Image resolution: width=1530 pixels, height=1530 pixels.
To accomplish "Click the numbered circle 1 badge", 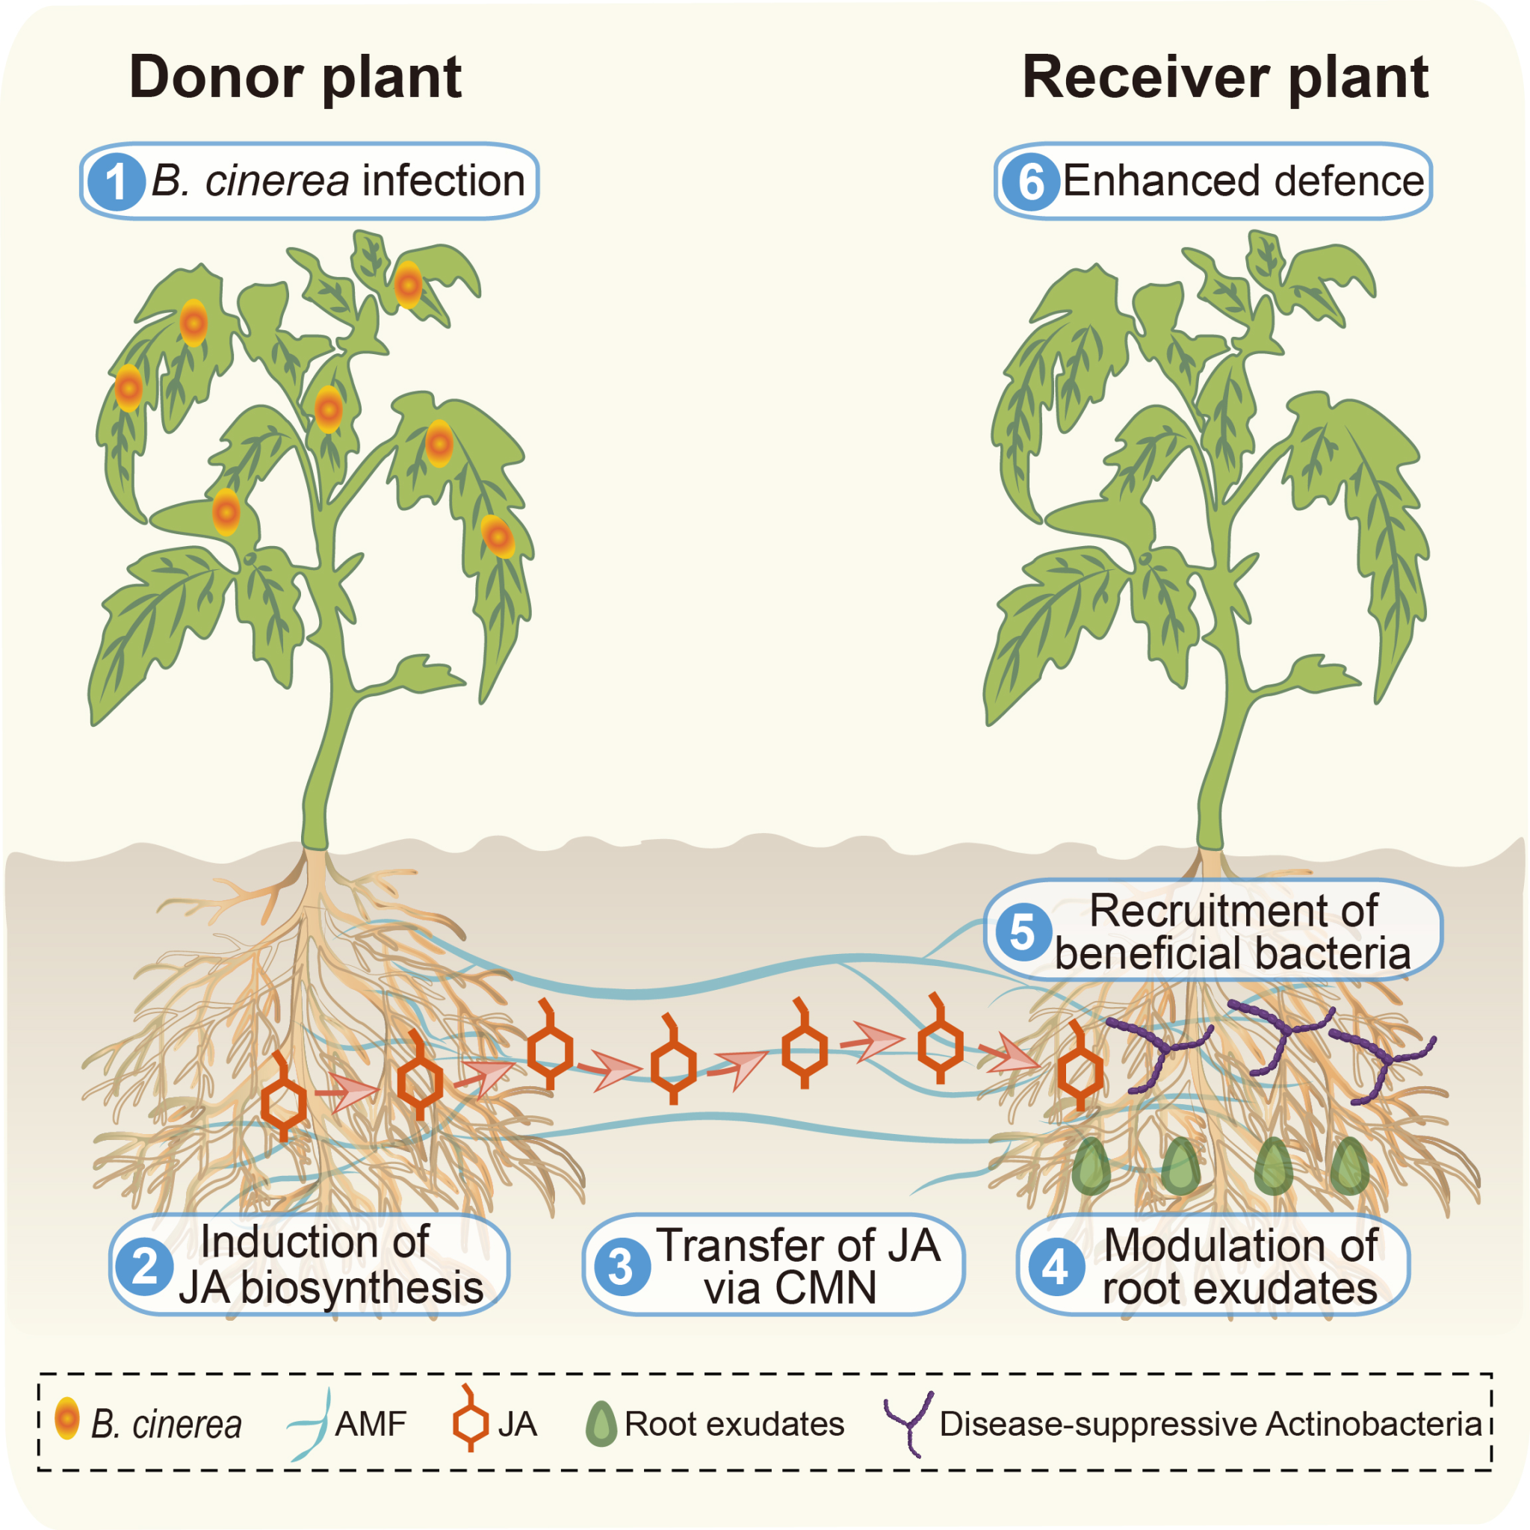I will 116,182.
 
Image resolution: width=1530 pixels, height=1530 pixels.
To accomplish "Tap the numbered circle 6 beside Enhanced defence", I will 1030,182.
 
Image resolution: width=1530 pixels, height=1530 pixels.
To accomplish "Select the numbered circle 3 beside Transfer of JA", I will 622,1267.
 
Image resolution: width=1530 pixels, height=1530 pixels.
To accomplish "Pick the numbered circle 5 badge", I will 1023,932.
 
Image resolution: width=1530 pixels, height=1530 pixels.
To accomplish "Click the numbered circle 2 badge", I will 144,1266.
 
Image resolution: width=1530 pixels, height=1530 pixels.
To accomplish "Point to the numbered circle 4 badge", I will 1056,1267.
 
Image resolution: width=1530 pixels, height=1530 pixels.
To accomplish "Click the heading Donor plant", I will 294,78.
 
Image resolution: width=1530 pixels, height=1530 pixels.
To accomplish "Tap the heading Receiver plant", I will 1224,78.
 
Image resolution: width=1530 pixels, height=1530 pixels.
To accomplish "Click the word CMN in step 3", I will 826,1289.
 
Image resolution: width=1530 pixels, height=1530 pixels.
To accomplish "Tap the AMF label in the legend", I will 370,1424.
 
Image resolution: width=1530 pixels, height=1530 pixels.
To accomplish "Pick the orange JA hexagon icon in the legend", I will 471,1422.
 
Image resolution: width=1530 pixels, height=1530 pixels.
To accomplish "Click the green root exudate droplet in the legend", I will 601,1424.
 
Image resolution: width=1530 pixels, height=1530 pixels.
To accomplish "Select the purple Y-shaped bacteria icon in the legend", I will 910,1423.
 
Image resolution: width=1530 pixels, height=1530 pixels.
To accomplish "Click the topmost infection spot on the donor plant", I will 408,285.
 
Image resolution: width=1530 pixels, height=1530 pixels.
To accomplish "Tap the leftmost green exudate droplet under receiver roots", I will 1091,1166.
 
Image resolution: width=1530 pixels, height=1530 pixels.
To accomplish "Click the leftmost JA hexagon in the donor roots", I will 283,1103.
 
